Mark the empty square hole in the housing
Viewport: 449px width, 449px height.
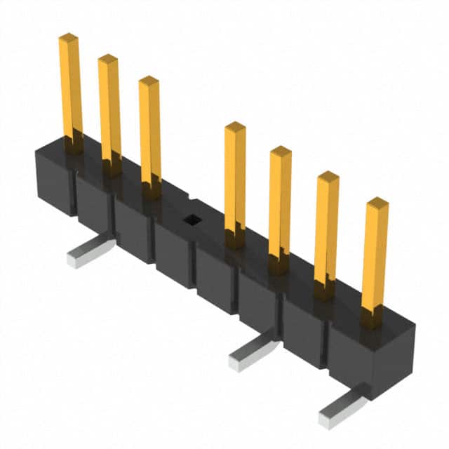[x=190, y=220]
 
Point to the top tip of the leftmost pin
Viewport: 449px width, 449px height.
[x=68, y=36]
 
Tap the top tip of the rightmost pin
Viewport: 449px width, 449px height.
[x=377, y=203]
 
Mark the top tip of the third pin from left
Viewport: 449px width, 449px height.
[x=149, y=80]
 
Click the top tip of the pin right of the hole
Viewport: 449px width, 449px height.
[x=235, y=126]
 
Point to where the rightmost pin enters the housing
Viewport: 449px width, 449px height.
[x=373, y=319]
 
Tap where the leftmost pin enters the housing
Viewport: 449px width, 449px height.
[x=74, y=145]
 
